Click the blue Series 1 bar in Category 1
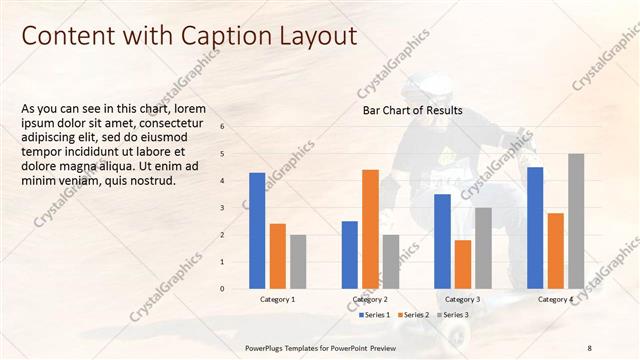[x=257, y=231]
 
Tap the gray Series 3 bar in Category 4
[x=576, y=221]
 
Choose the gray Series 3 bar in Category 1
[x=298, y=262]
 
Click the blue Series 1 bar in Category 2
[x=350, y=255]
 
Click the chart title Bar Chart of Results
[x=412, y=110]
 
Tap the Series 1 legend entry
[x=378, y=315]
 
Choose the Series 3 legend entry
[x=455, y=315]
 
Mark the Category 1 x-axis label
[x=277, y=299]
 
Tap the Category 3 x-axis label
[x=462, y=299]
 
